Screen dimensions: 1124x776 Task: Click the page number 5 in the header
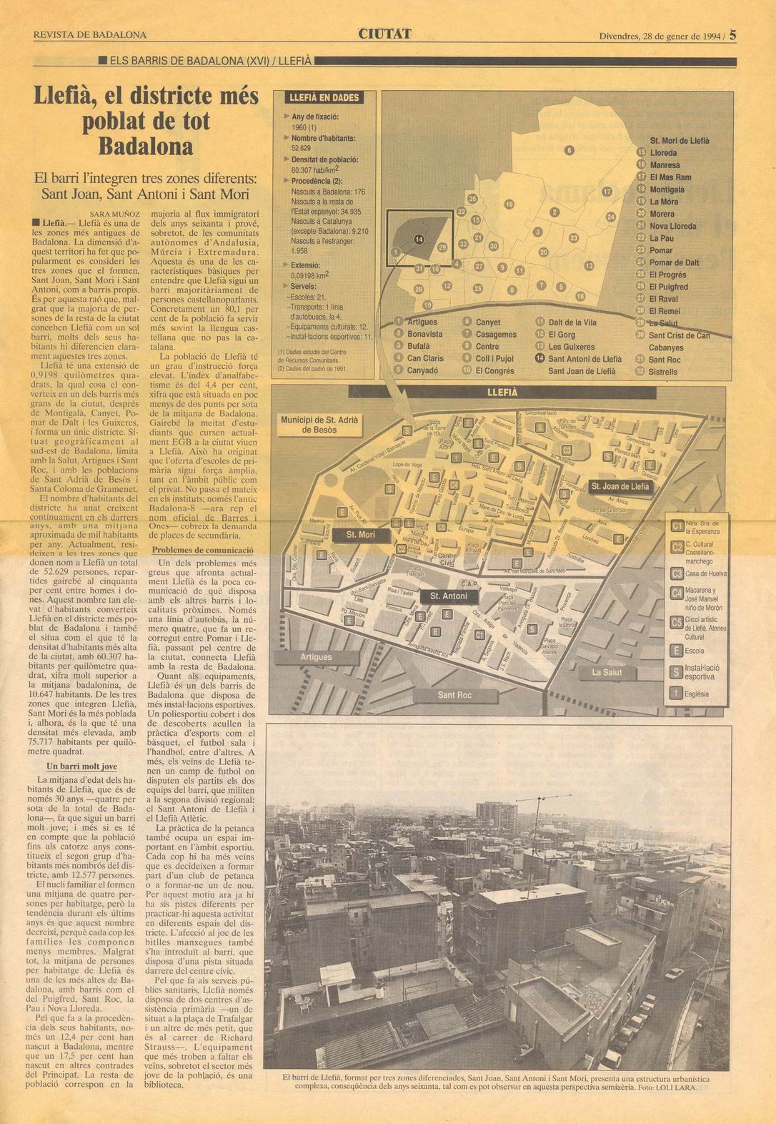coord(734,33)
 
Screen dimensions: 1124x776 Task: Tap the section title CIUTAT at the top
coord(385,33)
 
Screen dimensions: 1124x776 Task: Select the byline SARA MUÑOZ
coord(119,213)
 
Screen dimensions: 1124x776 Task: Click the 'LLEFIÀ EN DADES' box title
coord(322,98)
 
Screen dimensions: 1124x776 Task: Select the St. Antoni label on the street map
coord(449,596)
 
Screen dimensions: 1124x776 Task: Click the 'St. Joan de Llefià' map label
coord(620,487)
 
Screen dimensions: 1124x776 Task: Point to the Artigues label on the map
coord(316,656)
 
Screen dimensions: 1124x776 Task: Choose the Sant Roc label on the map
coord(454,694)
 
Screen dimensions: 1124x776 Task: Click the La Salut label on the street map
coord(607,672)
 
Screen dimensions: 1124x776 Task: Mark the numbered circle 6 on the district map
coord(569,150)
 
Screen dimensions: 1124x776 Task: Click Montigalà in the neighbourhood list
coord(667,189)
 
